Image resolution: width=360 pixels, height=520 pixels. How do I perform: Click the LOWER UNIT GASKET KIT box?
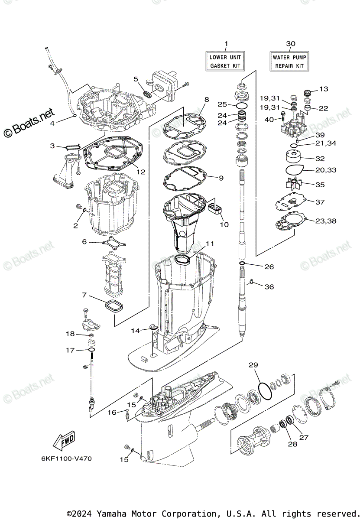coord(225,61)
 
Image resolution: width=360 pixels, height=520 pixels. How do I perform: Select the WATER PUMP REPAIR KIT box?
coord(289,62)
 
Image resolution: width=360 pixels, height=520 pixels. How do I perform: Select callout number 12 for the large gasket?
coord(141,172)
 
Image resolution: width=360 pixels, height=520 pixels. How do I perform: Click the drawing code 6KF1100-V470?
coord(67,458)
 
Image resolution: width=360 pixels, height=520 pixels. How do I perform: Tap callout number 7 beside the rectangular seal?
coord(84,295)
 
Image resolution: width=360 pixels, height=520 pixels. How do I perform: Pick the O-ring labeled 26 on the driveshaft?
coord(243,263)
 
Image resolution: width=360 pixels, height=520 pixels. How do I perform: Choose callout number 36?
coord(269,286)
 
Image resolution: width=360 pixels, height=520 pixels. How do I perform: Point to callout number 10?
coord(224,224)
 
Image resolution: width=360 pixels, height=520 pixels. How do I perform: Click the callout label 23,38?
coord(325,221)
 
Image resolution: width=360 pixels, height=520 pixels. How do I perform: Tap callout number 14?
coord(136,331)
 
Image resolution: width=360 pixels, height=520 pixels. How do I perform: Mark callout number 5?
coord(136,79)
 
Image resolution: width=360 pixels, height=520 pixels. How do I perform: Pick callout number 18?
coord(70,334)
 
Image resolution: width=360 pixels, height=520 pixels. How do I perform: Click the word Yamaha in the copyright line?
coord(110,513)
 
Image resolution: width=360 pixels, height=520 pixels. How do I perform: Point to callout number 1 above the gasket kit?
coord(225,43)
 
